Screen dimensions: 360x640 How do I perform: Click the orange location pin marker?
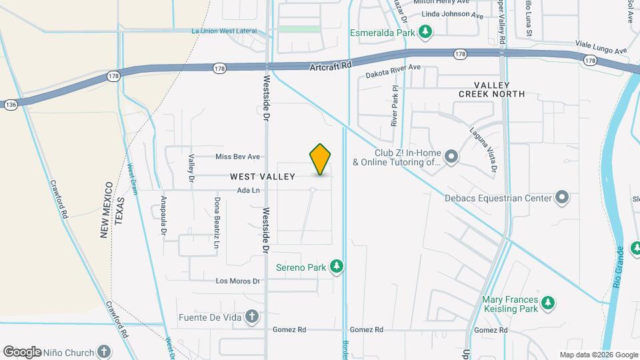pos(321,159)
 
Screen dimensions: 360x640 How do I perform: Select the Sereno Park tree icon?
pos(337,267)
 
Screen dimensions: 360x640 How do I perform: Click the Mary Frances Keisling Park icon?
pos(548,303)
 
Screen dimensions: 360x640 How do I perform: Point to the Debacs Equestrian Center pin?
pos(562,197)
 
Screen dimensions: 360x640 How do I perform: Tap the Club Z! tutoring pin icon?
pos(451,157)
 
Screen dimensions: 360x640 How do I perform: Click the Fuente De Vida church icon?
pos(251,317)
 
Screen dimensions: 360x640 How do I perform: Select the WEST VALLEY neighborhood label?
pos(263,177)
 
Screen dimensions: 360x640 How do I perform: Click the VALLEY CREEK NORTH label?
pos(492,89)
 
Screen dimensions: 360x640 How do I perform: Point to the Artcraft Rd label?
pos(331,66)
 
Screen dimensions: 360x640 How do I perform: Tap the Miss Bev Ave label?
pos(237,157)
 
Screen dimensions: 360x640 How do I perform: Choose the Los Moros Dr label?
pos(237,281)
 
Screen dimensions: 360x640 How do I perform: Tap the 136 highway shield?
pos(10,105)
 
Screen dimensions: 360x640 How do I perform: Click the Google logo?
pos(22,351)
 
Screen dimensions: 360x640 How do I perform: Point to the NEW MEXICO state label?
pos(105,209)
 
